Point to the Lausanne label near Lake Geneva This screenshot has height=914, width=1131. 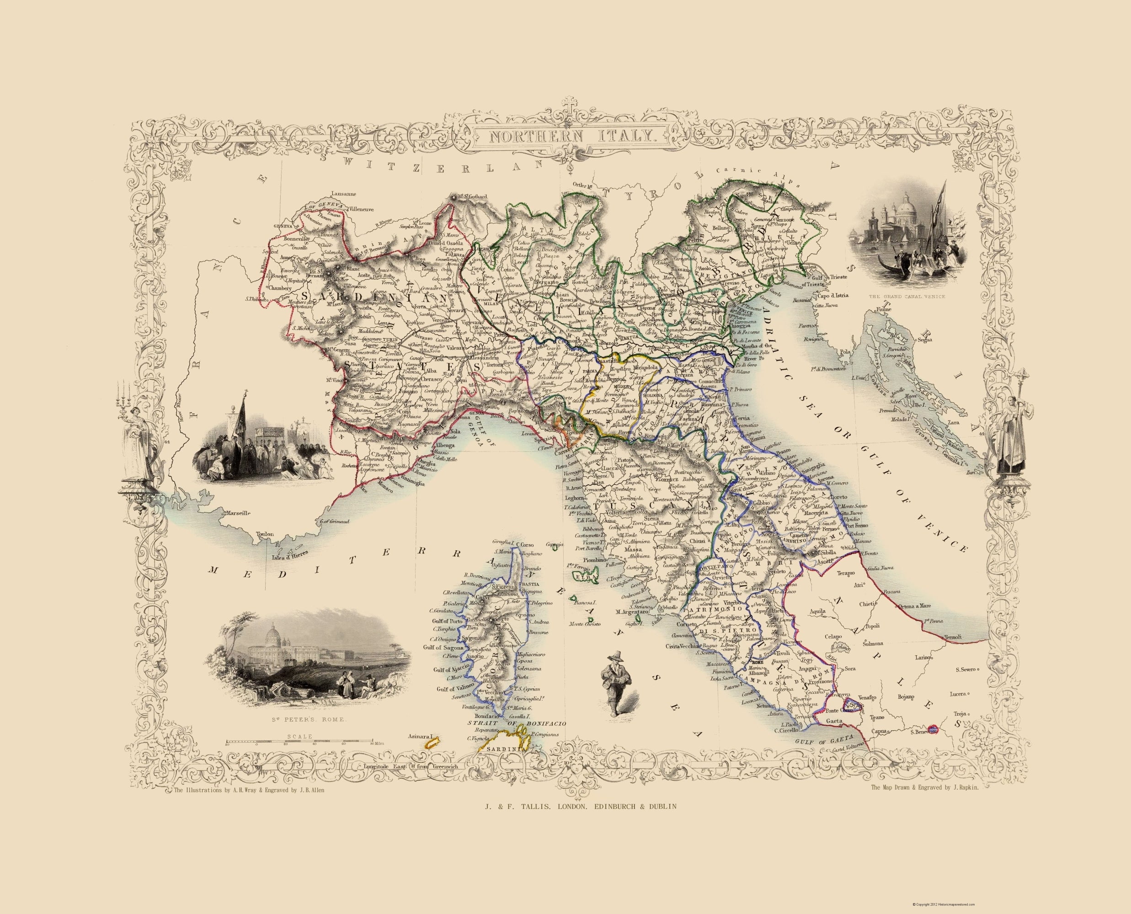pos(343,193)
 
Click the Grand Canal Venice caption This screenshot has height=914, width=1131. pos(906,297)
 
